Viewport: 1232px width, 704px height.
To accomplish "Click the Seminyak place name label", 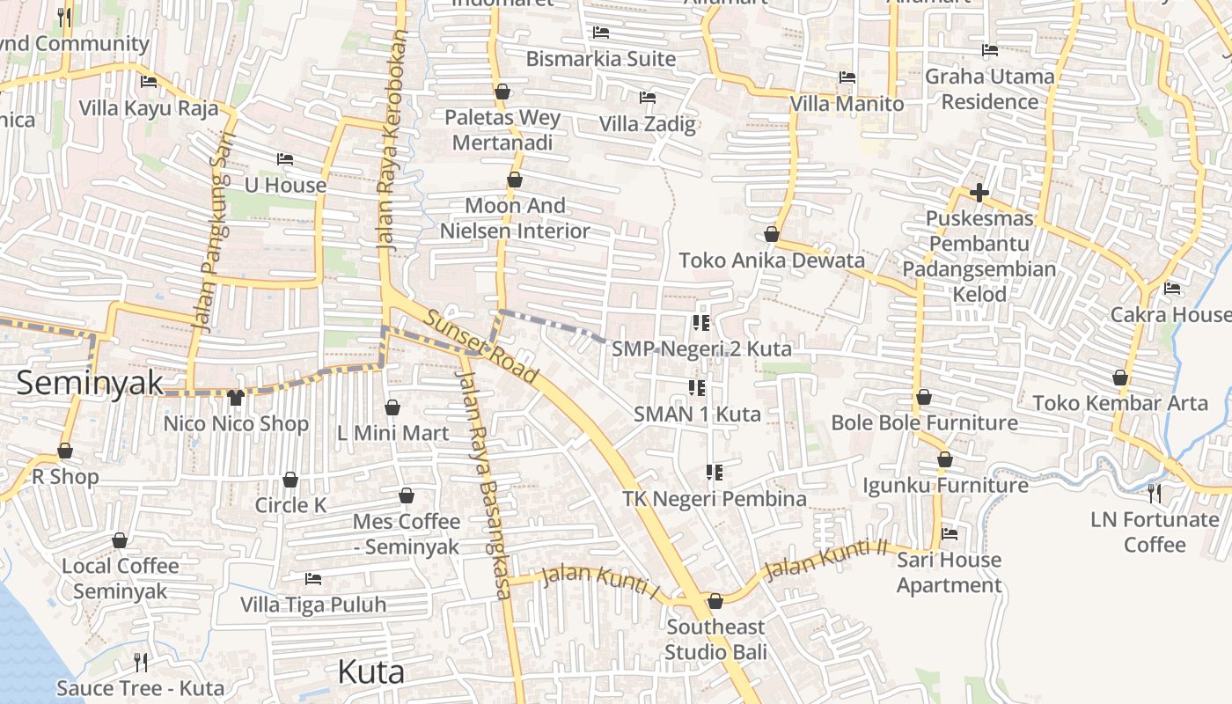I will [x=90, y=383].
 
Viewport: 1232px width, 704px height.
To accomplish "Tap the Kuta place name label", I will [x=370, y=672].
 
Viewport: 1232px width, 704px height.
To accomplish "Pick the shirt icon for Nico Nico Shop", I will [x=235, y=398].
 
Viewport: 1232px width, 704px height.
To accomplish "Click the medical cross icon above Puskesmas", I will [x=979, y=192].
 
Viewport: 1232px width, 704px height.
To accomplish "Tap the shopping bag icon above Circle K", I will [x=290, y=480].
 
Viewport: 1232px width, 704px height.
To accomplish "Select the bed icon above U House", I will [x=284, y=159].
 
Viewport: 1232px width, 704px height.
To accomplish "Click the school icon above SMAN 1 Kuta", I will [x=696, y=387].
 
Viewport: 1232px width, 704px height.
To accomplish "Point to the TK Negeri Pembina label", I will [x=714, y=499].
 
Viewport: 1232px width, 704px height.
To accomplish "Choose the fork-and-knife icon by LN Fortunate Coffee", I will [x=1155, y=493].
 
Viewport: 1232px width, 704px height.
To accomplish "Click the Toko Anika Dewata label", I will [x=771, y=260].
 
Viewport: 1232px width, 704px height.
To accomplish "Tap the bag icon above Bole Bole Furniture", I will [x=923, y=397].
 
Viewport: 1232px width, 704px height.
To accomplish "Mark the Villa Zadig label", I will [x=647, y=124].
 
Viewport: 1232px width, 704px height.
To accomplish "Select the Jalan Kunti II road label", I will [x=826, y=560].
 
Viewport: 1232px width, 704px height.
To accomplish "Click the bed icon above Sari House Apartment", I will [x=949, y=533].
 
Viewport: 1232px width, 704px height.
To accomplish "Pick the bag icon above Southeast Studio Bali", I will [x=715, y=601].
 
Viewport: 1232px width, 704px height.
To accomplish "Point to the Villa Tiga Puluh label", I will [x=313, y=605].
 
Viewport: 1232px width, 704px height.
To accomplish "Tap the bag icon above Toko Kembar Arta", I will [x=1119, y=378].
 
